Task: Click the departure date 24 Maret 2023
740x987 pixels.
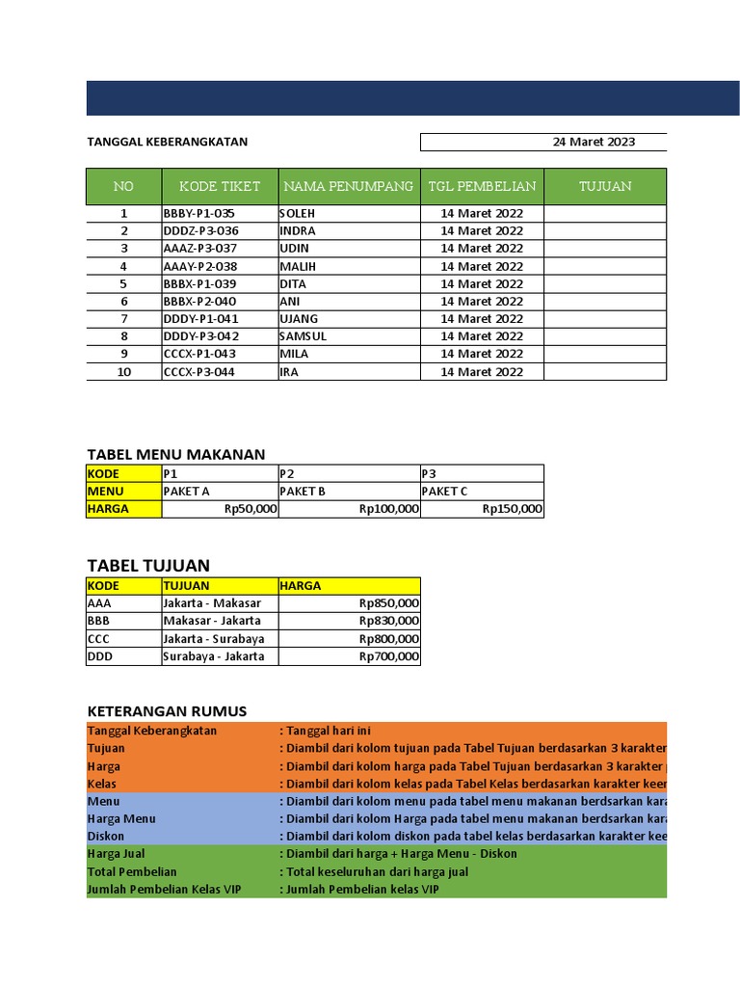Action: point(594,142)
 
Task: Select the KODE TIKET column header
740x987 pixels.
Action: point(220,186)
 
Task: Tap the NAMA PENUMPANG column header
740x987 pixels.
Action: point(348,186)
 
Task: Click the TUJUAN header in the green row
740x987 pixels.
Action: point(605,186)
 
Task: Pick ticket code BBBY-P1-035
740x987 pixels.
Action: point(199,213)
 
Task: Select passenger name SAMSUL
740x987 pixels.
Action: point(304,336)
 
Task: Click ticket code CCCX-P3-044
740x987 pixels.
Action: point(199,372)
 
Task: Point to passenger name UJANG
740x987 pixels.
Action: point(299,319)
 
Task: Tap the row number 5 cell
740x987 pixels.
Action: point(123,283)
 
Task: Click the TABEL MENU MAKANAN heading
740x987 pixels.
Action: point(175,454)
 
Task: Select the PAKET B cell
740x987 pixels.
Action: point(303,492)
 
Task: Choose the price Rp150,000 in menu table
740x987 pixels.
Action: point(512,509)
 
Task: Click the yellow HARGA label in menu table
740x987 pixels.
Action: point(108,509)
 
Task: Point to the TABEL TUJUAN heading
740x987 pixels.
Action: point(148,565)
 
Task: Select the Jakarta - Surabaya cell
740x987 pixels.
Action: point(213,639)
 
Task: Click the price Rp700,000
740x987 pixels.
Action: point(388,656)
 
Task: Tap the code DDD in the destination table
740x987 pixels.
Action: point(99,656)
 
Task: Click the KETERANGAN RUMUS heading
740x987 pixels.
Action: point(167,711)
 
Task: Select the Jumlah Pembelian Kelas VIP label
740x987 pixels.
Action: point(164,890)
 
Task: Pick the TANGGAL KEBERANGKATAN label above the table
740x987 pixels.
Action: point(167,142)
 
